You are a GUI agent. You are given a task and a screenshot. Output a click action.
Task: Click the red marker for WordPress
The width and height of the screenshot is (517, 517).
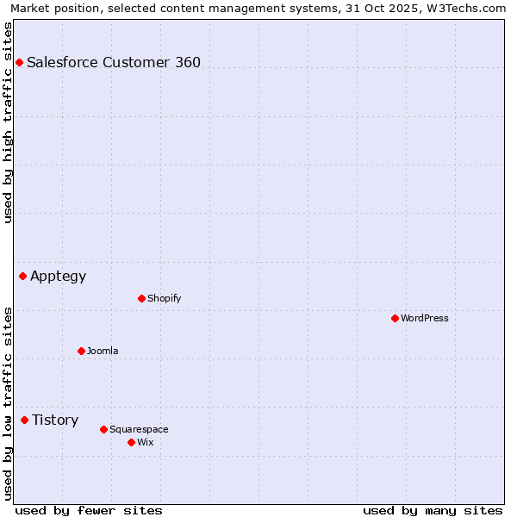395,318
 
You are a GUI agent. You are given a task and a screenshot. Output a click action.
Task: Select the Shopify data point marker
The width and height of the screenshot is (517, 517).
141,298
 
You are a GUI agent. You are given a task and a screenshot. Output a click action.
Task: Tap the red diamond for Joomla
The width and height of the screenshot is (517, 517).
81,351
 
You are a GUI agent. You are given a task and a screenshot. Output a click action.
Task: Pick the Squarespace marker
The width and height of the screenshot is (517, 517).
103,429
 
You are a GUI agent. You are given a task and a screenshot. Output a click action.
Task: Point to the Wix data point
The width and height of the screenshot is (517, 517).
131,442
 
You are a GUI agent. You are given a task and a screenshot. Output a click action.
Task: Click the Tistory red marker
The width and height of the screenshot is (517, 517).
24,420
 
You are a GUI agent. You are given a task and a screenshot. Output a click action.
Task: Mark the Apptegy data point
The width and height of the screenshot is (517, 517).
22,276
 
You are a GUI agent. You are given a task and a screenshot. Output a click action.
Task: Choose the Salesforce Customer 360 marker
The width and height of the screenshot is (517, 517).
19,62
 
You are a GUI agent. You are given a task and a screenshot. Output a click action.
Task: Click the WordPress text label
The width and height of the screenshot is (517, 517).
425,318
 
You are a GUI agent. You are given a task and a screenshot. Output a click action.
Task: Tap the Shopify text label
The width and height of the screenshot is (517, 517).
164,298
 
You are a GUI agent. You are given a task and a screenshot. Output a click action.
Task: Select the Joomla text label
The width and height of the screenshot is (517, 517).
103,351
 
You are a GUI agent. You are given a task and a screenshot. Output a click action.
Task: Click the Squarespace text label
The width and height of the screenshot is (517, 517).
139,429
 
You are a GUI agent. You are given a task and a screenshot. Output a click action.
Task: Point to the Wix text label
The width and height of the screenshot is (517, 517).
146,442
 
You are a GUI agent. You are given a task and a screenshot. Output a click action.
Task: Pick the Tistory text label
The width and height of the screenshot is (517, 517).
55,420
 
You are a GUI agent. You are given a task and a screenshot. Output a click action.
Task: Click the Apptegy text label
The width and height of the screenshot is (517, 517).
59,276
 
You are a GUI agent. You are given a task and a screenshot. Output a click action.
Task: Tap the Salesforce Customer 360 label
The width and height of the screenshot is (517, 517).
114,62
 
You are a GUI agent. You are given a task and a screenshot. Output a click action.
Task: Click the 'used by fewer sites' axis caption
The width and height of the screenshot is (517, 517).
89,510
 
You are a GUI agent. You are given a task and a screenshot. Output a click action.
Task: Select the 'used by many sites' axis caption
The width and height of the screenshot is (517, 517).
433,510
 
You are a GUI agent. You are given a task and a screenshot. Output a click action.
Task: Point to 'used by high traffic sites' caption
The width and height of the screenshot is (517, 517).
9,122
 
